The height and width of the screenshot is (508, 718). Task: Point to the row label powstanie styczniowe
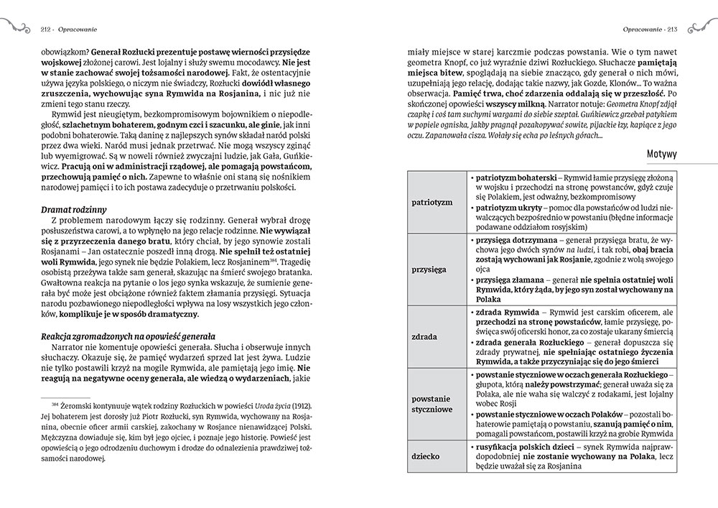pos(432,402)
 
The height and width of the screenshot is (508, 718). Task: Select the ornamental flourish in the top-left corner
pos(15,29)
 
